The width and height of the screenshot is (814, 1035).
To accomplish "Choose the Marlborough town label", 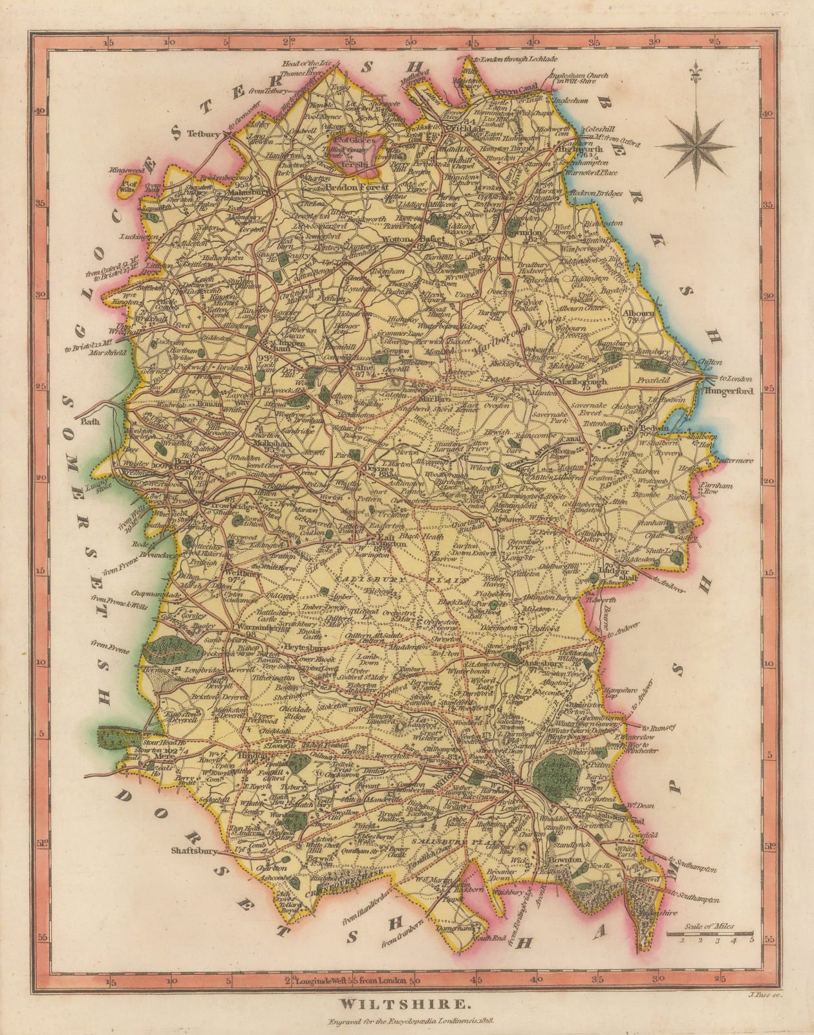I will pyautogui.click(x=581, y=382).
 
